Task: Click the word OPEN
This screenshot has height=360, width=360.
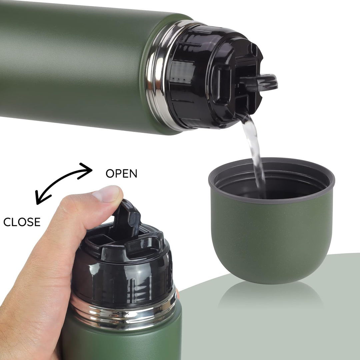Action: click(x=121, y=173)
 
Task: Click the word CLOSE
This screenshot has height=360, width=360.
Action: click(x=22, y=222)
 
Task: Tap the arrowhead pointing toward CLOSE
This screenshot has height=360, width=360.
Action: click(x=41, y=197)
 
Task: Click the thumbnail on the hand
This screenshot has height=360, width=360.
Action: click(x=108, y=193)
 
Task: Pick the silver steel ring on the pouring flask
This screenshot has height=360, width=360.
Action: click(x=161, y=76)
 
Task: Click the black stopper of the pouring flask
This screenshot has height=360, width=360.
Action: click(x=214, y=78)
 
